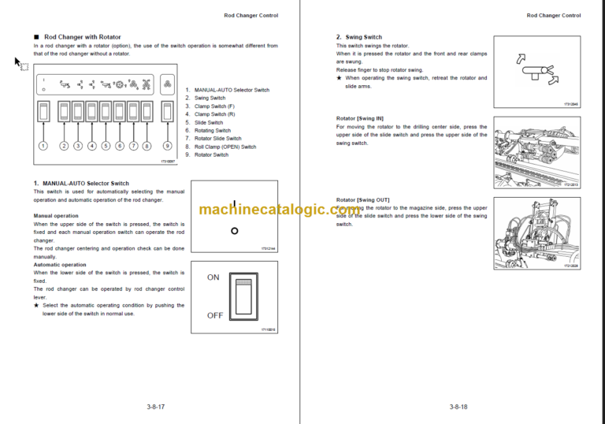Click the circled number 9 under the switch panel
[167, 146]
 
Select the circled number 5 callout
[106, 146]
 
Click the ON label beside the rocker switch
[213, 277]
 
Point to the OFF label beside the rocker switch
[214, 315]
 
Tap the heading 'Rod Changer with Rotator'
[82, 37]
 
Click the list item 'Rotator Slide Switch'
[217, 139]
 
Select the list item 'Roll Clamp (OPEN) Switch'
[225, 147]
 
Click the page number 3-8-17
[155, 407]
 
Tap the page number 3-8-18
[458, 407]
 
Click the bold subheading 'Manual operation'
[56, 215]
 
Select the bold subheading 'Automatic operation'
[60, 265]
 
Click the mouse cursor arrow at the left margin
[19, 63]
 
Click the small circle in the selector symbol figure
[234, 231]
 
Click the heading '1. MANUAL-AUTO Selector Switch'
[81, 184]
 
